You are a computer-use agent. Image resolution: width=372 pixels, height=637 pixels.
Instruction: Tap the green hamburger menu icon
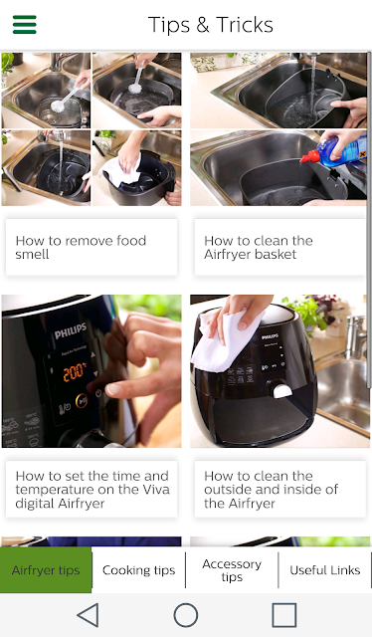coord(24,24)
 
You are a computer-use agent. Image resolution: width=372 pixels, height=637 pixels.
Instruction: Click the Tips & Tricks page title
coord(210,25)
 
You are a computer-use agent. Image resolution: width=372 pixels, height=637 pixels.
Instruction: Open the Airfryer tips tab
coord(46,570)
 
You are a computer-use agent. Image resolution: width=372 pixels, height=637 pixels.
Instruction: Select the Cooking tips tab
coord(139,570)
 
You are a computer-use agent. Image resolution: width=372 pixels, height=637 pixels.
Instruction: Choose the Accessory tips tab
coord(232,570)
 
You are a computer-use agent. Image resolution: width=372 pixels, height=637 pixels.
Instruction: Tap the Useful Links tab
coord(325,570)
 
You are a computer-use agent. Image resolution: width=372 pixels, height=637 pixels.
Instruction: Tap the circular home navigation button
coord(186,615)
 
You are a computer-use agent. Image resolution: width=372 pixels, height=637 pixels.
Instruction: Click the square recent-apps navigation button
coord(284,615)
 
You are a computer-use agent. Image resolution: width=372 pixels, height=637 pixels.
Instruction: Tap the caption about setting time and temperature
coord(92,489)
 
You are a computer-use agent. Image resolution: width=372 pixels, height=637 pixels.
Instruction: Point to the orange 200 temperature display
coord(75,371)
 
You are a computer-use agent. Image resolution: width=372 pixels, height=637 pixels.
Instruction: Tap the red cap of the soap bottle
coord(309,157)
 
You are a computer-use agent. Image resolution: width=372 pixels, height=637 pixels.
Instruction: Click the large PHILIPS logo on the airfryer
coord(71,330)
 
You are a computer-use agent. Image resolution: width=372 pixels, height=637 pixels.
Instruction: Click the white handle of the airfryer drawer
coord(282,391)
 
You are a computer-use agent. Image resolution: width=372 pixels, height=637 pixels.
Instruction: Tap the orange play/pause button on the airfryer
coord(82,400)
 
